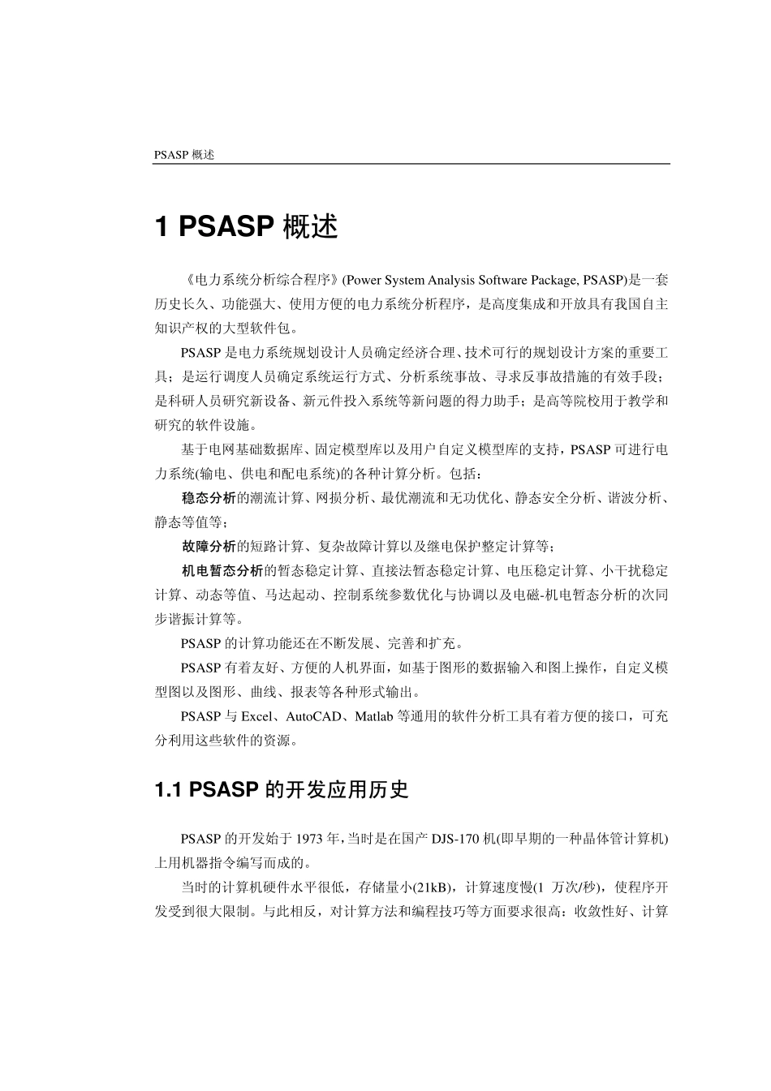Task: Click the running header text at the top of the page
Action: [x=184, y=155]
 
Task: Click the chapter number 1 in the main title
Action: [x=162, y=227]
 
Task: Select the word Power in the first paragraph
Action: [x=363, y=280]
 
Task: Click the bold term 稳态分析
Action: [x=209, y=497]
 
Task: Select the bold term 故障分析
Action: [x=209, y=546]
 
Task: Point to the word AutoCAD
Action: [x=314, y=716]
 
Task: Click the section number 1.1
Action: [x=167, y=790]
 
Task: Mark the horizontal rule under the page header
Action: [x=411, y=165]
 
